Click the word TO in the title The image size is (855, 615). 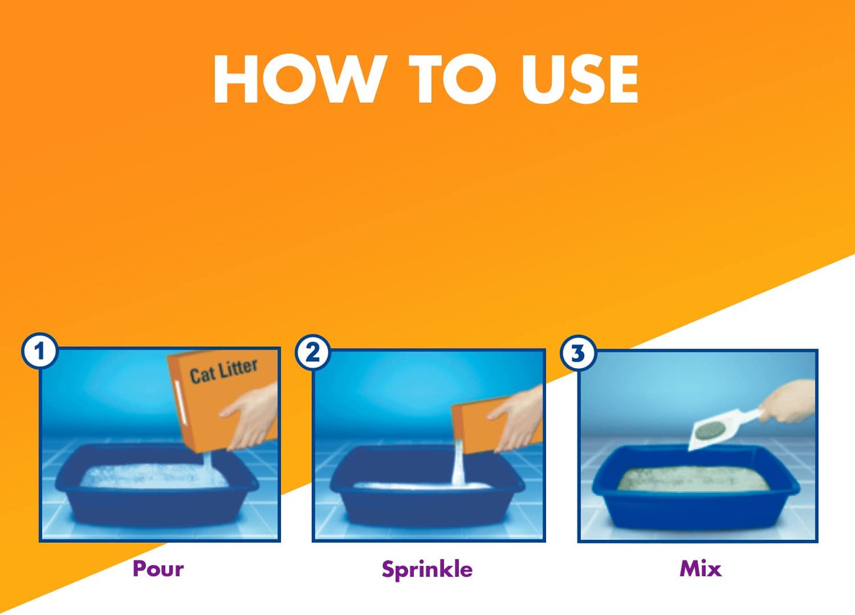point(453,80)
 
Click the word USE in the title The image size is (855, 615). point(579,80)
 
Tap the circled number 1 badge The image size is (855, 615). point(40,352)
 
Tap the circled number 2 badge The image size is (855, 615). point(313,353)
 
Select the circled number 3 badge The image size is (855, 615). point(577,353)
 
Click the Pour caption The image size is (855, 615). point(158,569)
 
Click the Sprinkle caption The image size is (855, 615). point(427,569)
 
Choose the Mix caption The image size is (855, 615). point(700,569)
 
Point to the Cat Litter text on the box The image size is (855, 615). point(223,371)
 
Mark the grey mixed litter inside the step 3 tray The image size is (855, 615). point(692,480)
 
